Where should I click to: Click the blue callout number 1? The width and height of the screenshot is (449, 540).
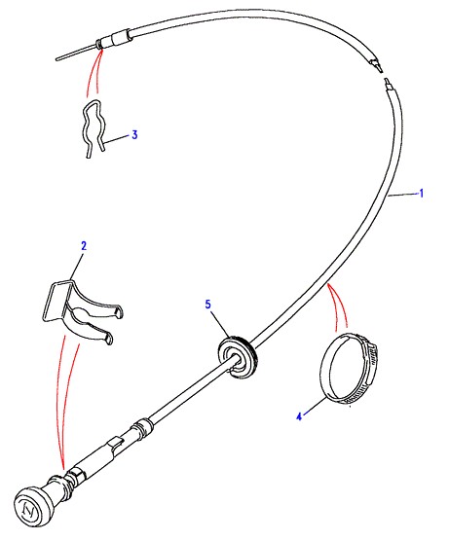coord(421,194)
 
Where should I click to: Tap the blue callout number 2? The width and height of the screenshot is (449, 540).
coord(84,246)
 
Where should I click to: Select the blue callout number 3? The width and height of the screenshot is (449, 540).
coord(134,134)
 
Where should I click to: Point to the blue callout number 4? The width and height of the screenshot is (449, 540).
coord(299,416)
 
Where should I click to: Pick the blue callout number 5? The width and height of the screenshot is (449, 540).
coord(208,305)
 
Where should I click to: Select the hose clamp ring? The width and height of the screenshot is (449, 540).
coord(349,369)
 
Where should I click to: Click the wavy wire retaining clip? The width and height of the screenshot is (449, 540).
coord(94,128)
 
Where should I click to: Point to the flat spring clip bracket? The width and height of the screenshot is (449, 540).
coord(82,310)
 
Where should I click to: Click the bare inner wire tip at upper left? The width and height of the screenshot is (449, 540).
coord(56,59)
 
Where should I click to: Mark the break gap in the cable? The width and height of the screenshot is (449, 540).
coord(384,76)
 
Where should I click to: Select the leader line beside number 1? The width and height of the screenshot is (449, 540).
coord(402,195)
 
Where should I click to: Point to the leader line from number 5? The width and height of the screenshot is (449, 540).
coord(220,324)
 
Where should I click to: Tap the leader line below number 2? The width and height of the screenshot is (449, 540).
coord(77,266)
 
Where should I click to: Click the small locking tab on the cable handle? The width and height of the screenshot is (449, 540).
coord(116,442)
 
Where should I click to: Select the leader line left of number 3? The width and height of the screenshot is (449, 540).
coord(118,139)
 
